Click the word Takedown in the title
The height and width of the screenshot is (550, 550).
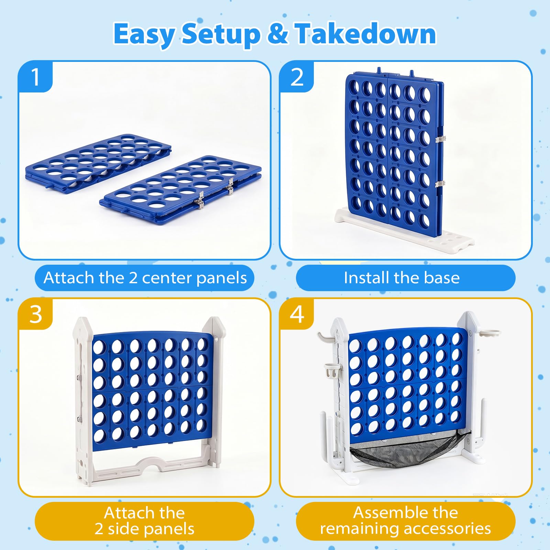pyautogui.click(x=365, y=34)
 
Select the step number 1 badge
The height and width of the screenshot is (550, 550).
pyautogui.click(x=35, y=77)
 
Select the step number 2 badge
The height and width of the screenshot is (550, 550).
pyautogui.click(x=297, y=77)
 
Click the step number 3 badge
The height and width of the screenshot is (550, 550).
pyautogui.click(x=35, y=314)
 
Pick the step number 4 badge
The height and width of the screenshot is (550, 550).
pyautogui.click(x=297, y=314)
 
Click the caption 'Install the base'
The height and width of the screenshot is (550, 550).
pyautogui.click(x=401, y=277)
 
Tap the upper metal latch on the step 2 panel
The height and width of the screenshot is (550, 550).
pyautogui.click(x=440, y=139)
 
